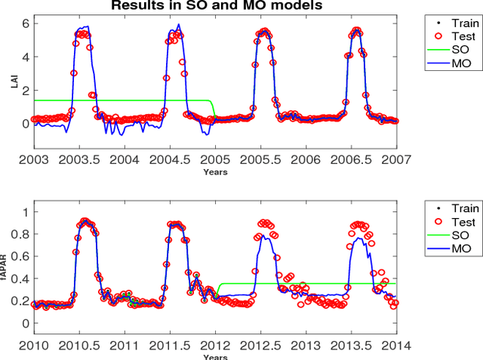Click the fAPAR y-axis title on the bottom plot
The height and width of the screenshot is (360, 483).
pos(13,266)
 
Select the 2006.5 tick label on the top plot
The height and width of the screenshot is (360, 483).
pos(352,160)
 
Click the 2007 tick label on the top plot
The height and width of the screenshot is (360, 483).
pos(396,160)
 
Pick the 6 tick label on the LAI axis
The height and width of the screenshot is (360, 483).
pos(25,23)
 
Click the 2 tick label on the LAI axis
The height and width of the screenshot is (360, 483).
pos(25,90)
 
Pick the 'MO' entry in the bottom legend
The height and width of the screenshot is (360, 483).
pos(460,250)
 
